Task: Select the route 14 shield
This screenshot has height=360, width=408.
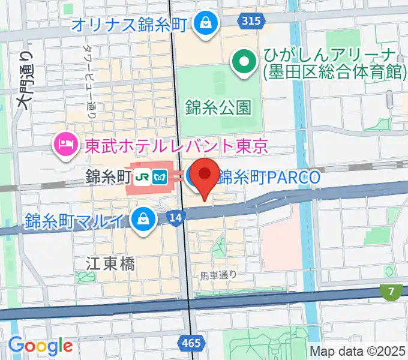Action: (x=174, y=220)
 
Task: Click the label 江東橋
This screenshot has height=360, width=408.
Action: (x=110, y=263)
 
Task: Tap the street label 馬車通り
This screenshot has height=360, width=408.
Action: (x=219, y=275)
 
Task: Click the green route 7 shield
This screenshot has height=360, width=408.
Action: (x=391, y=292)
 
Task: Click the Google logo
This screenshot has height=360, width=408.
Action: (x=40, y=346)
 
